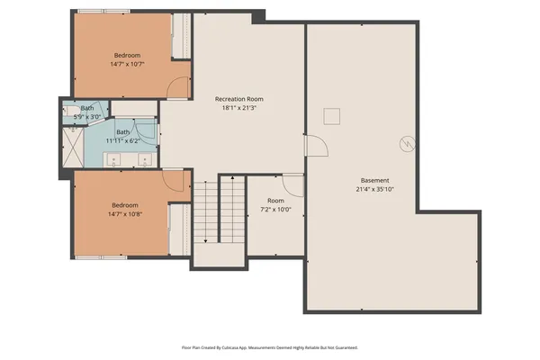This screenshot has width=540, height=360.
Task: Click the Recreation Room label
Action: coord(238,98)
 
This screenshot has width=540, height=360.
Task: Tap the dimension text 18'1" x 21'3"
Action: coord(238,108)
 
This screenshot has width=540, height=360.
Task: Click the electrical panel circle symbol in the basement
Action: coord(408,143)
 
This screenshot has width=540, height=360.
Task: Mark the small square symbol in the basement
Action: coord(332,114)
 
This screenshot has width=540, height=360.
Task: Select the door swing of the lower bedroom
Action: coord(175,180)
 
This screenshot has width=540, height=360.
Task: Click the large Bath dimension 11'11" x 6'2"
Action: coord(122,140)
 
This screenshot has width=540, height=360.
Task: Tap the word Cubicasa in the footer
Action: coord(235,346)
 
